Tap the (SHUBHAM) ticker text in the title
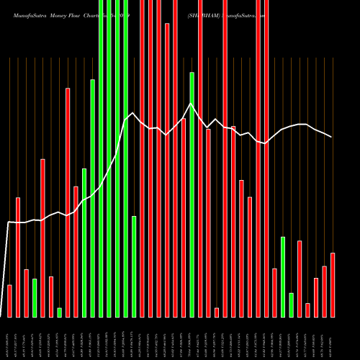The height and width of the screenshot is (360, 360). [x=207, y=13]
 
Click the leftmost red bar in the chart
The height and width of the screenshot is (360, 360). [x=9, y=301]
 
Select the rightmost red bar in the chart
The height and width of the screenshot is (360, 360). [x=333, y=285]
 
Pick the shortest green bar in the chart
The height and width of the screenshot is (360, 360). [x=59, y=312]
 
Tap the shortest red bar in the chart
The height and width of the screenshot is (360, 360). [x=217, y=312]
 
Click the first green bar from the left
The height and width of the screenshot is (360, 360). [x=35, y=298]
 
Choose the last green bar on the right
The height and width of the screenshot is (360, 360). [x=291, y=305]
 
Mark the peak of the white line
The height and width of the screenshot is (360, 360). [x=191, y=104]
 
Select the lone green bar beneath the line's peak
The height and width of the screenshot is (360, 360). [x=192, y=194]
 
